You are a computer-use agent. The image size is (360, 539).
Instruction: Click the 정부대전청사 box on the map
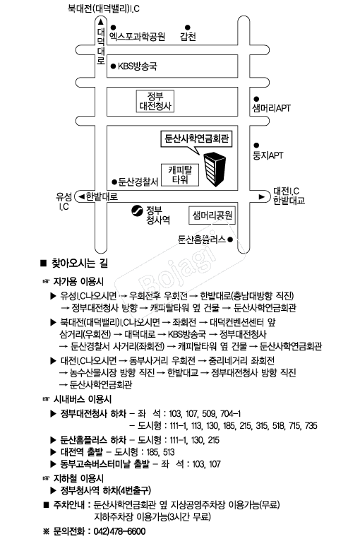pos(155,101)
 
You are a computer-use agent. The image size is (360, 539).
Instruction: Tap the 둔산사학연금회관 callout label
pos(196,138)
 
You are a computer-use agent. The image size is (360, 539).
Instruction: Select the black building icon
pos(215,169)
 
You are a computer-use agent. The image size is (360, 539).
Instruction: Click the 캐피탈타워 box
pos(180,175)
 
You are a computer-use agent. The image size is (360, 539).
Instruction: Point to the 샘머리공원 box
pos(212,215)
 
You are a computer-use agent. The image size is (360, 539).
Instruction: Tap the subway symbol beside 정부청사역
pos(137,211)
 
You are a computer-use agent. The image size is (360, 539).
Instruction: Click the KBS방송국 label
pos(138,66)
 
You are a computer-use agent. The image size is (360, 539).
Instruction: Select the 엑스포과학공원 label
pos(138,37)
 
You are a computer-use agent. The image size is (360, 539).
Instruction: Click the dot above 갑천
pos(188,27)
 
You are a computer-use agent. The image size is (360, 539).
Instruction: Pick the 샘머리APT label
pos(271,108)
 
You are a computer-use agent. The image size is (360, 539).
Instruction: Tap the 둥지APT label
pos(268,155)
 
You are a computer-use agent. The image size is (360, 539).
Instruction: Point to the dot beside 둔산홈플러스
pos(230,239)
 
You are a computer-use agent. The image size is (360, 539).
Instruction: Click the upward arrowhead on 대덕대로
pos(101,22)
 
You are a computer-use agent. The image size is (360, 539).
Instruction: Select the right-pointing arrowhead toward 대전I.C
pos(262,197)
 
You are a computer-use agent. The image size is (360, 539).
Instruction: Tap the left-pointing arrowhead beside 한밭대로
pos(81,196)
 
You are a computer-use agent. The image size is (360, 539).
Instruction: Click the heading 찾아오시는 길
pos(79,263)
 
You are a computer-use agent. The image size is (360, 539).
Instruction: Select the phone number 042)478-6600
pos(119,531)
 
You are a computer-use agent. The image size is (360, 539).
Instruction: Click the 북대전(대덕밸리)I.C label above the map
pos(104,8)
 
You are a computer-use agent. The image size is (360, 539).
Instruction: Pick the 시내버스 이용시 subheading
pos(83,399)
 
